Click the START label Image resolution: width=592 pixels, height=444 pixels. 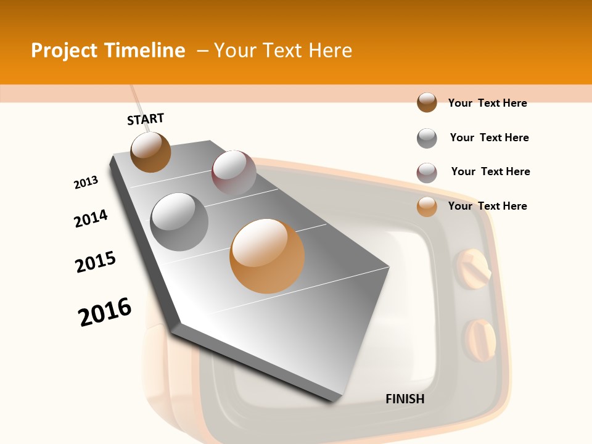point(146,119)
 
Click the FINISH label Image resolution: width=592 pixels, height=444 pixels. point(405,399)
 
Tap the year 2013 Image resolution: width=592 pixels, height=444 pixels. point(86,183)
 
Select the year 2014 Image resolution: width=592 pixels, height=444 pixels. point(91,219)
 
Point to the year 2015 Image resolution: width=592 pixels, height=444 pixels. point(96,262)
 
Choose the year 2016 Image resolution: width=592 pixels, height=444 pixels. point(105,312)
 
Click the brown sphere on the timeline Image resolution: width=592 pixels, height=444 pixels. point(150,152)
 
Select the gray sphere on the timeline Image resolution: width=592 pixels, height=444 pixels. point(179,222)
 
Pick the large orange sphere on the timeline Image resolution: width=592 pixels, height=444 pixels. point(267,256)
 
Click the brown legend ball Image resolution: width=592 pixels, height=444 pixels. point(427,102)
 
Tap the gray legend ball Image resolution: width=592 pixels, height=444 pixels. point(427,138)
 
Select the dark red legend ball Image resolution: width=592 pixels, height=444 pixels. point(427,173)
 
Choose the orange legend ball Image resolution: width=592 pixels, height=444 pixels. point(427,207)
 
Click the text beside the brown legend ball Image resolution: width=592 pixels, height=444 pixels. point(487,103)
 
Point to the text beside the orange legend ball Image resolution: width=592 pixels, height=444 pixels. point(487,206)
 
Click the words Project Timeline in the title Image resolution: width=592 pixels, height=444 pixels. point(108,51)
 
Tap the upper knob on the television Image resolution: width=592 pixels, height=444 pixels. point(472,269)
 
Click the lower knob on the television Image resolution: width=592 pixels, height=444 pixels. point(479,340)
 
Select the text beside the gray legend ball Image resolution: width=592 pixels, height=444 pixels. point(489,138)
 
